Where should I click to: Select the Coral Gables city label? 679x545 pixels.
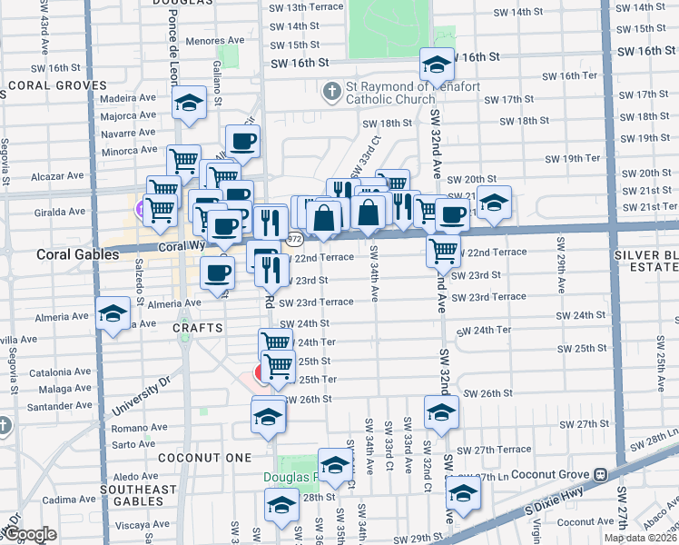point(77,255)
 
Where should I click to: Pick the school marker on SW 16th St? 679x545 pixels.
point(437,65)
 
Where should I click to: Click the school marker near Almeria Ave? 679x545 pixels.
point(113,315)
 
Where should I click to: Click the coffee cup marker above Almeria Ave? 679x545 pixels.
point(216,272)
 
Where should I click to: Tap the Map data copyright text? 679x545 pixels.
point(638,538)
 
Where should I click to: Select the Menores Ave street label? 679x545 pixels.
point(215,41)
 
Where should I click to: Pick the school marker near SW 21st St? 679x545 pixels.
point(494,203)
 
